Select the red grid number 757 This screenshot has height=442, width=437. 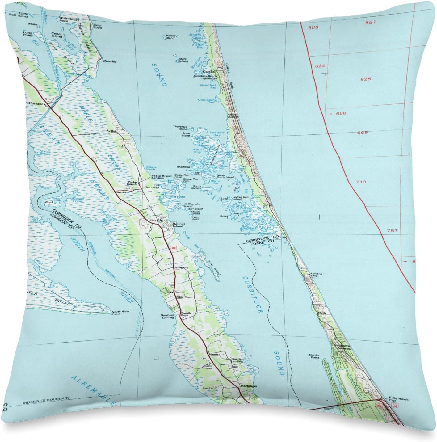(394, 231)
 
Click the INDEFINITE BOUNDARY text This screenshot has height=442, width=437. (46, 399)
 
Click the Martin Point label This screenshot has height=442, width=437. (313, 356)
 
